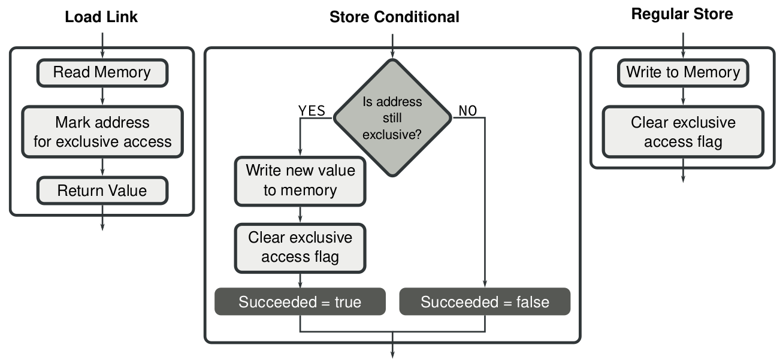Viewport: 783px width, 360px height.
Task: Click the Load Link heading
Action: [x=101, y=17]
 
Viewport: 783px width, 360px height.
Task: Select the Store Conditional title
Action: [x=394, y=17]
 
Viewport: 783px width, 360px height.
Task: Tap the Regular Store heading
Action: [x=682, y=14]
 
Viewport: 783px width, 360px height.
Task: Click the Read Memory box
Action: [x=102, y=72]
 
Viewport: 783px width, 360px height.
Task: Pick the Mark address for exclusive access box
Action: [x=102, y=132]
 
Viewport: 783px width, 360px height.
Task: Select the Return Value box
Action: [x=102, y=191]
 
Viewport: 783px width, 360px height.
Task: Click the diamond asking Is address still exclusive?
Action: [x=392, y=118]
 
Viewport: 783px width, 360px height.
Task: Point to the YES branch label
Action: [x=312, y=110]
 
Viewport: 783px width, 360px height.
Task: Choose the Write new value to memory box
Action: [x=300, y=180]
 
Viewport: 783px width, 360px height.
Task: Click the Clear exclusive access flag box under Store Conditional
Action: [x=300, y=247]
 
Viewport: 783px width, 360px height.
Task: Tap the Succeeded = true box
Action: [x=300, y=302]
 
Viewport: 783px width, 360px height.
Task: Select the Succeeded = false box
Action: [x=485, y=302]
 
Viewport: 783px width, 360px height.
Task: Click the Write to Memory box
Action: [x=683, y=72]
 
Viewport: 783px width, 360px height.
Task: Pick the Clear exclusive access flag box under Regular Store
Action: [x=683, y=132]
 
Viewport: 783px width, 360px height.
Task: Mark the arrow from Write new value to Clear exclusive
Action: [x=300, y=214]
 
